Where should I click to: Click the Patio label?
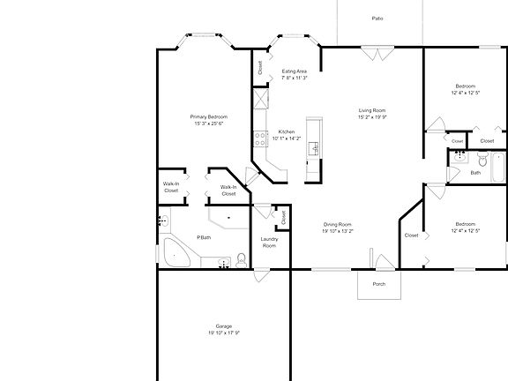(x=377, y=18)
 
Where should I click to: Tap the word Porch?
(x=379, y=284)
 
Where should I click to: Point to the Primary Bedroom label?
(x=210, y=116)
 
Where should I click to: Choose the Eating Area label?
(x=294, y=71)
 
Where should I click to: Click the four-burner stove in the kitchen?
(x=260, y=138)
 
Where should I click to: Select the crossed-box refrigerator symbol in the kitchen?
(x=259, y=98)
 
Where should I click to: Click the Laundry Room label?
(x=269, y=242)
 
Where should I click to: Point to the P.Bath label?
(x=203, y=237)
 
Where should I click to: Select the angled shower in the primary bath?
(x=228, y=217)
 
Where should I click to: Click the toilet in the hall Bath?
(x=458, y=159)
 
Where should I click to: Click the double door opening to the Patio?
(x=377, y=54)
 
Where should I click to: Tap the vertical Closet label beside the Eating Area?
(x=261, y=67)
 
